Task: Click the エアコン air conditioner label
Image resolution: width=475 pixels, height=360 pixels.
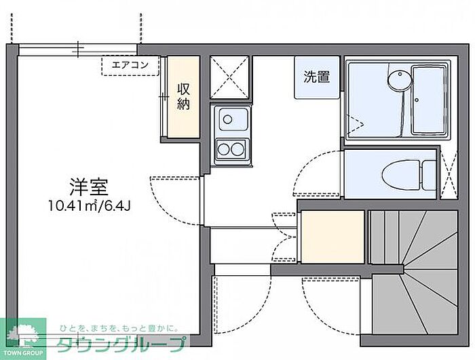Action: [130, 65]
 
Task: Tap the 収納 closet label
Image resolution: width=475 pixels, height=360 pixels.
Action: [184, 96]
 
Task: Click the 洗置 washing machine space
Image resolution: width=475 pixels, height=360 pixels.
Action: [317, 77]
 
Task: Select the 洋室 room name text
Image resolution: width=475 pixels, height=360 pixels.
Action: [89, 187]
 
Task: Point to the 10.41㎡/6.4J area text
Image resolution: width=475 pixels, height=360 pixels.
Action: [90, 206]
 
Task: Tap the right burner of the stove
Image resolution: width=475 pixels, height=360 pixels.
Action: [237, 149]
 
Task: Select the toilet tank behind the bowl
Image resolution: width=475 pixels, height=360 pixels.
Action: [429, 175]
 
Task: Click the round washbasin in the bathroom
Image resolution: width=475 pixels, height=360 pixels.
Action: [400, 80]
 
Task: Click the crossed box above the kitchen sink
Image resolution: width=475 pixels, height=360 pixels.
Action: [229, 77]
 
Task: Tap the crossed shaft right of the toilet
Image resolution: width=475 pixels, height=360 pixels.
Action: [449, 175]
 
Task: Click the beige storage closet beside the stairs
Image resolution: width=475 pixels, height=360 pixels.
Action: [332, 237]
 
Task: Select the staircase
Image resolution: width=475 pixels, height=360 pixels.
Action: [414, 272]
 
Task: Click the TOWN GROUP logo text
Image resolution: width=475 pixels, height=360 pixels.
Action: [23, 353]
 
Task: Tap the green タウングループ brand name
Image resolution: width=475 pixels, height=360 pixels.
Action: [121, 344]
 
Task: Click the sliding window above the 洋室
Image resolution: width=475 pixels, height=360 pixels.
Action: [77, 50]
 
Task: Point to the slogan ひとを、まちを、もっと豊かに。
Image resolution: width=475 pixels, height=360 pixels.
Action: [119, 328]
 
